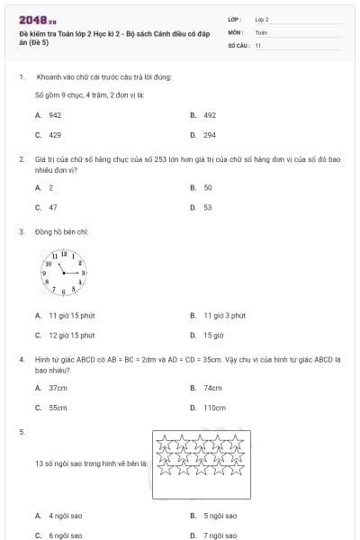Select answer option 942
click(x=54, y=115)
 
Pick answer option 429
click(x=54, y=134)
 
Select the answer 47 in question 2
click(x=52, y=207)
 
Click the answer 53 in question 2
click(x=208, y=207)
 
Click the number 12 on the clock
click(x=64, y=253)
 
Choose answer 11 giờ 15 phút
click(x=71, y=316)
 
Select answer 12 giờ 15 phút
click(x=71, y=335)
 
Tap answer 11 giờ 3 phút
click(x=224, y=316)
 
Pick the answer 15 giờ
click(x=212, y=335)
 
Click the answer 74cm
click(x=212, y=388)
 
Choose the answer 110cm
click(x=214, y=407)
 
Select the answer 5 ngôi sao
click(x=220, y=516)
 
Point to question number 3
click(x=22, y=231)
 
